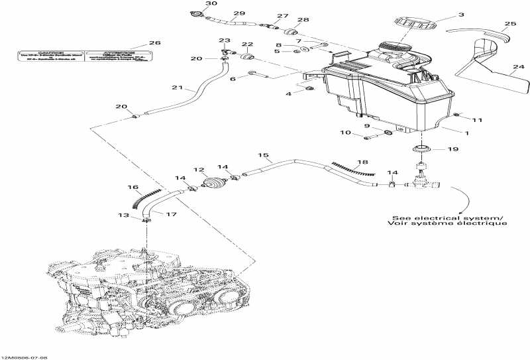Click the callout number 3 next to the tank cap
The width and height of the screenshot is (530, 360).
pyautogui.click(x=461, y=14)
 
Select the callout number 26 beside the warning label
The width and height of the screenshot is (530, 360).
pyautogui.click(x=154, y=43)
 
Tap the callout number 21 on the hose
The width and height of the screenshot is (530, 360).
pyautogui.click(x=176, y=88)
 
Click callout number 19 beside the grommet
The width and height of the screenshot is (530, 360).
pyautogui.click(x=452, y=150)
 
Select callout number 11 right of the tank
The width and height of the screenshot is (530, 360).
pyautogui.click(x=477, y=120)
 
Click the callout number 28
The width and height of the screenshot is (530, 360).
pyautogui.click(x=303, y=21)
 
